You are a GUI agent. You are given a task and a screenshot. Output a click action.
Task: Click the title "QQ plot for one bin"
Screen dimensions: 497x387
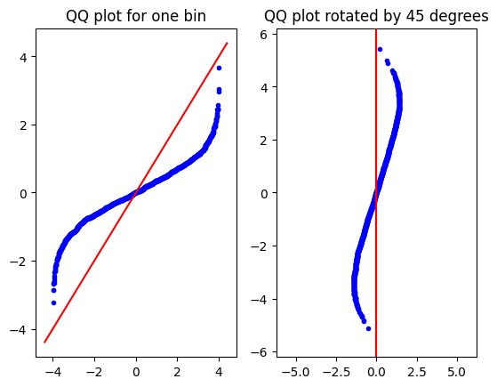136,16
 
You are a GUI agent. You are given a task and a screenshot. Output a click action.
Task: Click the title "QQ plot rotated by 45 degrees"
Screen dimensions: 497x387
376,16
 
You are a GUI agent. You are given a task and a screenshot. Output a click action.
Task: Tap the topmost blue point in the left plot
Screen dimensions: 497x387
219,69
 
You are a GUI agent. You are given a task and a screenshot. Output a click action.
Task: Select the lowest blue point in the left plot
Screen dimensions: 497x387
53,303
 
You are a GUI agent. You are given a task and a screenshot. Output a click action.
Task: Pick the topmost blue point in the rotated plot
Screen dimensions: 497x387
380,50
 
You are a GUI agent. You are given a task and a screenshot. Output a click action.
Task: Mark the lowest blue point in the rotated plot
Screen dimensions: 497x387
368,328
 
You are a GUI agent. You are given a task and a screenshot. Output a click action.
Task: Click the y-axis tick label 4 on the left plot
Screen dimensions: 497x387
24,57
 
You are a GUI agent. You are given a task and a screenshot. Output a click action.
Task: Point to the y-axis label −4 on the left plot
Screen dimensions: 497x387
19,330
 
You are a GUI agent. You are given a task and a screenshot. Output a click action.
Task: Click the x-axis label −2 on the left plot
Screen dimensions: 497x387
94,372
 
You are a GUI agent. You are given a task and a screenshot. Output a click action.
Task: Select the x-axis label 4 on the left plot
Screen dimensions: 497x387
219,372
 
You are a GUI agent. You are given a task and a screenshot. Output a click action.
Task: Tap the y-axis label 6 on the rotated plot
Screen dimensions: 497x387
265,35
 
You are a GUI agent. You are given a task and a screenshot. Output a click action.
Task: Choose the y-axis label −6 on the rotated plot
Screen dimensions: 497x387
260,352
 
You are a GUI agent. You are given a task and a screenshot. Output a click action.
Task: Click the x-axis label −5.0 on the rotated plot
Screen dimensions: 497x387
296,372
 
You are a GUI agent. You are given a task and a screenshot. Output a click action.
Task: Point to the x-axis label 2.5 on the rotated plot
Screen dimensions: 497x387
417,372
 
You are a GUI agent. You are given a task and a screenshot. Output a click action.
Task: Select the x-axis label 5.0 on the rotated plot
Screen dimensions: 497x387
457,372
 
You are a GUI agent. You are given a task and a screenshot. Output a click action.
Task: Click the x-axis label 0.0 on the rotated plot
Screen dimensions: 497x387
376,372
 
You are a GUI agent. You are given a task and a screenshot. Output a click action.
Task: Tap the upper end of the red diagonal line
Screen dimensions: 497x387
228,43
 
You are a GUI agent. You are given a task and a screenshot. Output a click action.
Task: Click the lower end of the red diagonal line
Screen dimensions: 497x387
44,343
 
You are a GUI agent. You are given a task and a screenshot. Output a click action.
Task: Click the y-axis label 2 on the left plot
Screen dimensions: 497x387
24,125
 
